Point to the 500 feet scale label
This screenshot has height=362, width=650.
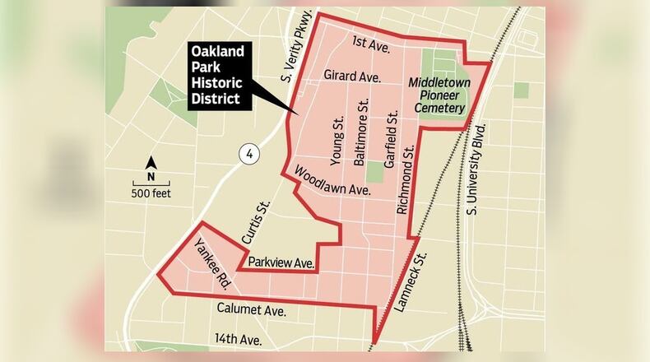151,194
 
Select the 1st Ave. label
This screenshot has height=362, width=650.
365,41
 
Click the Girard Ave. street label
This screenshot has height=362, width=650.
351,77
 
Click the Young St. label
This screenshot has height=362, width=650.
337,142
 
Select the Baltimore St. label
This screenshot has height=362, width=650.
359,134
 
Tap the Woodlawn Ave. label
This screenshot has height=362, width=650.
332,180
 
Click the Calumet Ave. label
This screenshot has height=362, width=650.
251,310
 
